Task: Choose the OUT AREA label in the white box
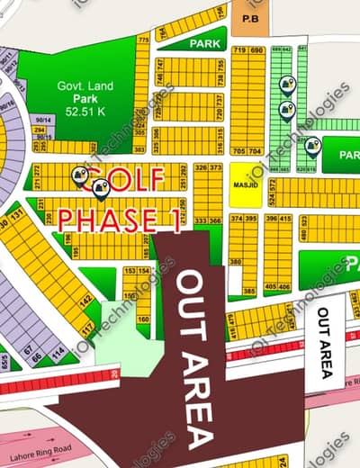click(324, 342)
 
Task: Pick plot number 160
click(143, 319)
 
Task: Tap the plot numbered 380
click(235, 263)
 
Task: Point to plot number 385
click(247, 292)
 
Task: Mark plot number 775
click(142, 40)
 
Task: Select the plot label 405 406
click(277, 287)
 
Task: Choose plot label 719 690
click(248, 51)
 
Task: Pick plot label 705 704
click(248, 151)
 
